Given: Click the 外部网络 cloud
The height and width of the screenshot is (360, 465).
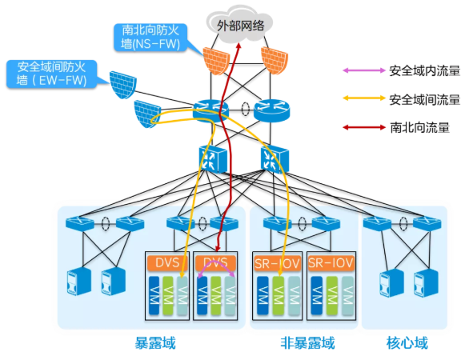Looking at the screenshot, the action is point(239,24).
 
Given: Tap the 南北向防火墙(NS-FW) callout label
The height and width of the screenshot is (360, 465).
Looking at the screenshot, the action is point(150,38).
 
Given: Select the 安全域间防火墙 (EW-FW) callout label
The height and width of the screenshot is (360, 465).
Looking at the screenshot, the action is point(51,74).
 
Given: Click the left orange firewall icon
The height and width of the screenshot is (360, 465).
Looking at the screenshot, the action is point(216,60).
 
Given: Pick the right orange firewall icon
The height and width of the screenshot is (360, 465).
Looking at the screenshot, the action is point(275,60).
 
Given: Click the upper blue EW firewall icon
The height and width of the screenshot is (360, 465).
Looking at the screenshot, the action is point(122,85).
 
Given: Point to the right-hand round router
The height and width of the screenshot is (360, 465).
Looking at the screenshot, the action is point(271,110).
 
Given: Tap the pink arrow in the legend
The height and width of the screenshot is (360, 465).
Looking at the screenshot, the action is point(364,70).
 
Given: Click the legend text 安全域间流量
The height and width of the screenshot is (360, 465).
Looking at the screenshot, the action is point(425,99).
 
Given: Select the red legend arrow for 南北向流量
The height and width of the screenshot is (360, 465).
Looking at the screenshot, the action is point(364,127).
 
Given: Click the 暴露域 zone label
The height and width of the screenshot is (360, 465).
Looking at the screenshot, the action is point(155,343).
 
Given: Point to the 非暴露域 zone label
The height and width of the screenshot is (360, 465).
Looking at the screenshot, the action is point(307,343).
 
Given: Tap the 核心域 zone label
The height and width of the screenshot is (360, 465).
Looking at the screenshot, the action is point(407,343).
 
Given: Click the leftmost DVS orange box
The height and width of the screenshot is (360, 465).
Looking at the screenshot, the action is point(167,263).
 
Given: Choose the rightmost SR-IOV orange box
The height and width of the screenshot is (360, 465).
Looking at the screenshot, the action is point(331,263).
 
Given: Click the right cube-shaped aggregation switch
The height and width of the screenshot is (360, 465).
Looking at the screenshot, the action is point(275,159).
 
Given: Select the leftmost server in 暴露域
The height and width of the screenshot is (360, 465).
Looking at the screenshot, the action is point(79,282).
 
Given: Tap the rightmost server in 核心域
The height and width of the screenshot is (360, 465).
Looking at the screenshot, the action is point(426,283).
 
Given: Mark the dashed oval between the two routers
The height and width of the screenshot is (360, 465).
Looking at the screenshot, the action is point(245,109).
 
